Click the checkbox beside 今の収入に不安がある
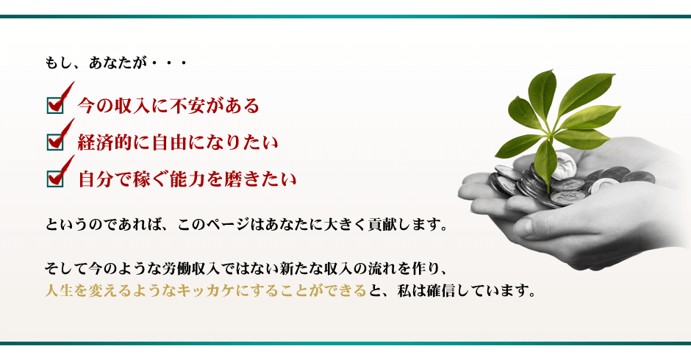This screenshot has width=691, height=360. click(x=55, y=105)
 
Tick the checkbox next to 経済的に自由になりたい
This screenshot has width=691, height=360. click(x=55, y=143)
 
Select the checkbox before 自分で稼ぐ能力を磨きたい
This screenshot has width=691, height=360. click(x=55, y=179)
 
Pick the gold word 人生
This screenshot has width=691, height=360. click(x=59, y=291)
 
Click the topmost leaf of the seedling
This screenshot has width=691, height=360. click(x=543, y=94)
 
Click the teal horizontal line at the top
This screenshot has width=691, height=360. click(x=345, y=17)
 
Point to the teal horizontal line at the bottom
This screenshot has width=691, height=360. click(x=345, y=343)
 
